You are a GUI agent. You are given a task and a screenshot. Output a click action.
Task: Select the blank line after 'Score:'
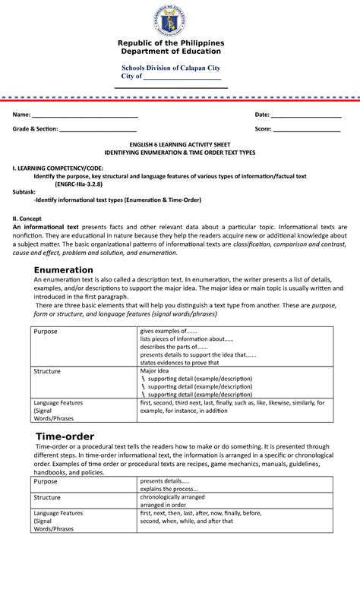[307, 129]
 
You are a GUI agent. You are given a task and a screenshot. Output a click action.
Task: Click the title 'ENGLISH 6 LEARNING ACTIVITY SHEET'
[180, 144]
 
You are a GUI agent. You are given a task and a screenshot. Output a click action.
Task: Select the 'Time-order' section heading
[65, 436]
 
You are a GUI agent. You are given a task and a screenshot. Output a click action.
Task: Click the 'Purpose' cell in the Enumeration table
[46, 332]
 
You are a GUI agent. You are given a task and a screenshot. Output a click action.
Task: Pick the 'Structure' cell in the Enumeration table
[47, 371]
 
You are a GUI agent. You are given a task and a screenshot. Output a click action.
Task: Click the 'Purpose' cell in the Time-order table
[46, 481]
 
